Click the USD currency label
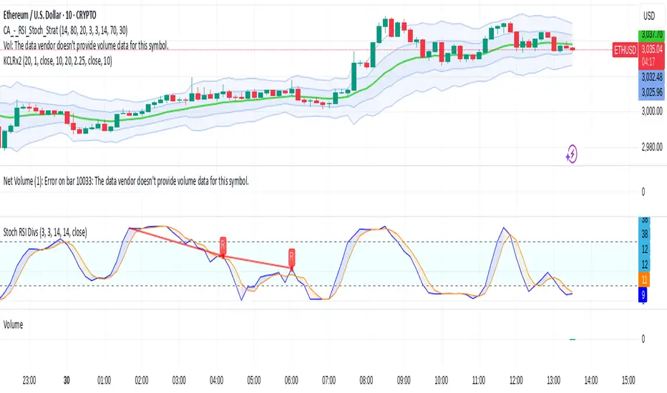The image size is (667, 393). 648,14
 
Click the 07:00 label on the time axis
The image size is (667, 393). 329,379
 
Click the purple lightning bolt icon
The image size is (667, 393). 573,152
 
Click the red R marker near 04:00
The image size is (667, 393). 223,244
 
